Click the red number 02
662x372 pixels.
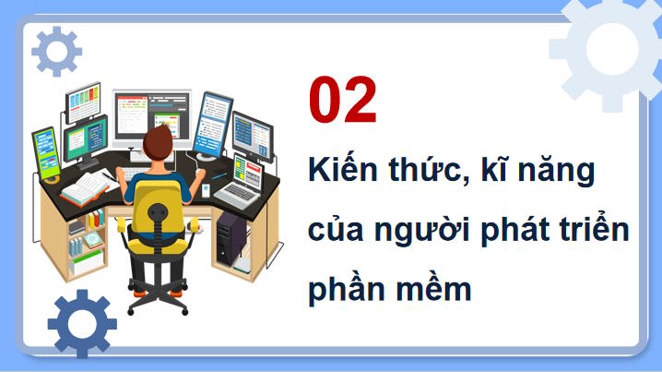tap(343, 102)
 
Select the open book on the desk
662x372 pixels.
tap(85, 190)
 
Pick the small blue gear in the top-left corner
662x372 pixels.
tap(56, 51)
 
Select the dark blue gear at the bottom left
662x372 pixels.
tap(82, 323)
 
